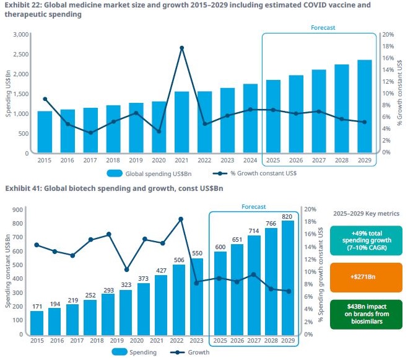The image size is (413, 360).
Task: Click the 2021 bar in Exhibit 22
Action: (182, 122)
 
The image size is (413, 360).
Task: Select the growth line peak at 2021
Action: (182, 48)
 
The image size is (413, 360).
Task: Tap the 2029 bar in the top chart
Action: (365, 106)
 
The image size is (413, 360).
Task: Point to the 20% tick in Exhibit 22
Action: (388, 34)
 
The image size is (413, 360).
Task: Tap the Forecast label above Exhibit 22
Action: (323, 28)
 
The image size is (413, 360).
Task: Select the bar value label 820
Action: (287, 216)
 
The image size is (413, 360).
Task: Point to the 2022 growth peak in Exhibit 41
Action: (180, 219)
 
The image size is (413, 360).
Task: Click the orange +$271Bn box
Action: (366, 276)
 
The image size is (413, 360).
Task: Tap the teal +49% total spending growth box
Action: (366, 240)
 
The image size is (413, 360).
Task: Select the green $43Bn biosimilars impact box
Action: (366, 313)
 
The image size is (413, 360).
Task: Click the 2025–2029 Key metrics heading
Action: (366, 213)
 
